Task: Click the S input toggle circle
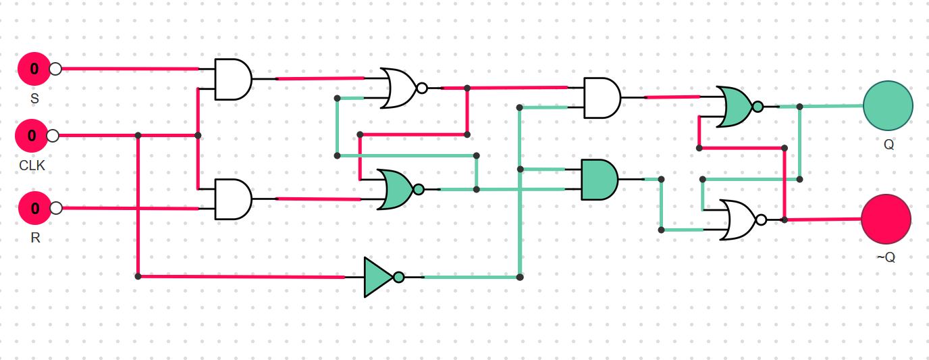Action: pyautogui.click(x=34, y=69)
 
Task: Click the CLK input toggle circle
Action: pyautogui.click(x=32, y=136)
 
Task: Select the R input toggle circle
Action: pyautogui.click(x=35, y=208)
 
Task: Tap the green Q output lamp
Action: pyautogui.click(x=888, y=106)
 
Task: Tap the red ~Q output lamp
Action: pyautogui.click(x=886, y=219)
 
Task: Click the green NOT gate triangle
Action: pyautogui.click(x=379, y=277)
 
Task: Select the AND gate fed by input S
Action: pyautogui.click(x=233, y=79)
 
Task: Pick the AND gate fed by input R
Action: pyautogui.click(x=233, y=199)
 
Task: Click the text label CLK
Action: pyautogui.click(x=32, y=165)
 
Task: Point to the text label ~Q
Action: pyautogui.click(x=886, y=257)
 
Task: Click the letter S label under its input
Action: pyautogui.click(x=35, y=99)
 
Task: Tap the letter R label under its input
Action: pyautogui.click(x=35, y=238)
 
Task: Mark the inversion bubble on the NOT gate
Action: pyautogui.click(x=398, y=277)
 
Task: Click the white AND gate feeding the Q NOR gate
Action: pyautogui.click(x=602, y=98)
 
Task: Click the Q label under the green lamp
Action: pyautogui.click(x=888, y=145)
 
